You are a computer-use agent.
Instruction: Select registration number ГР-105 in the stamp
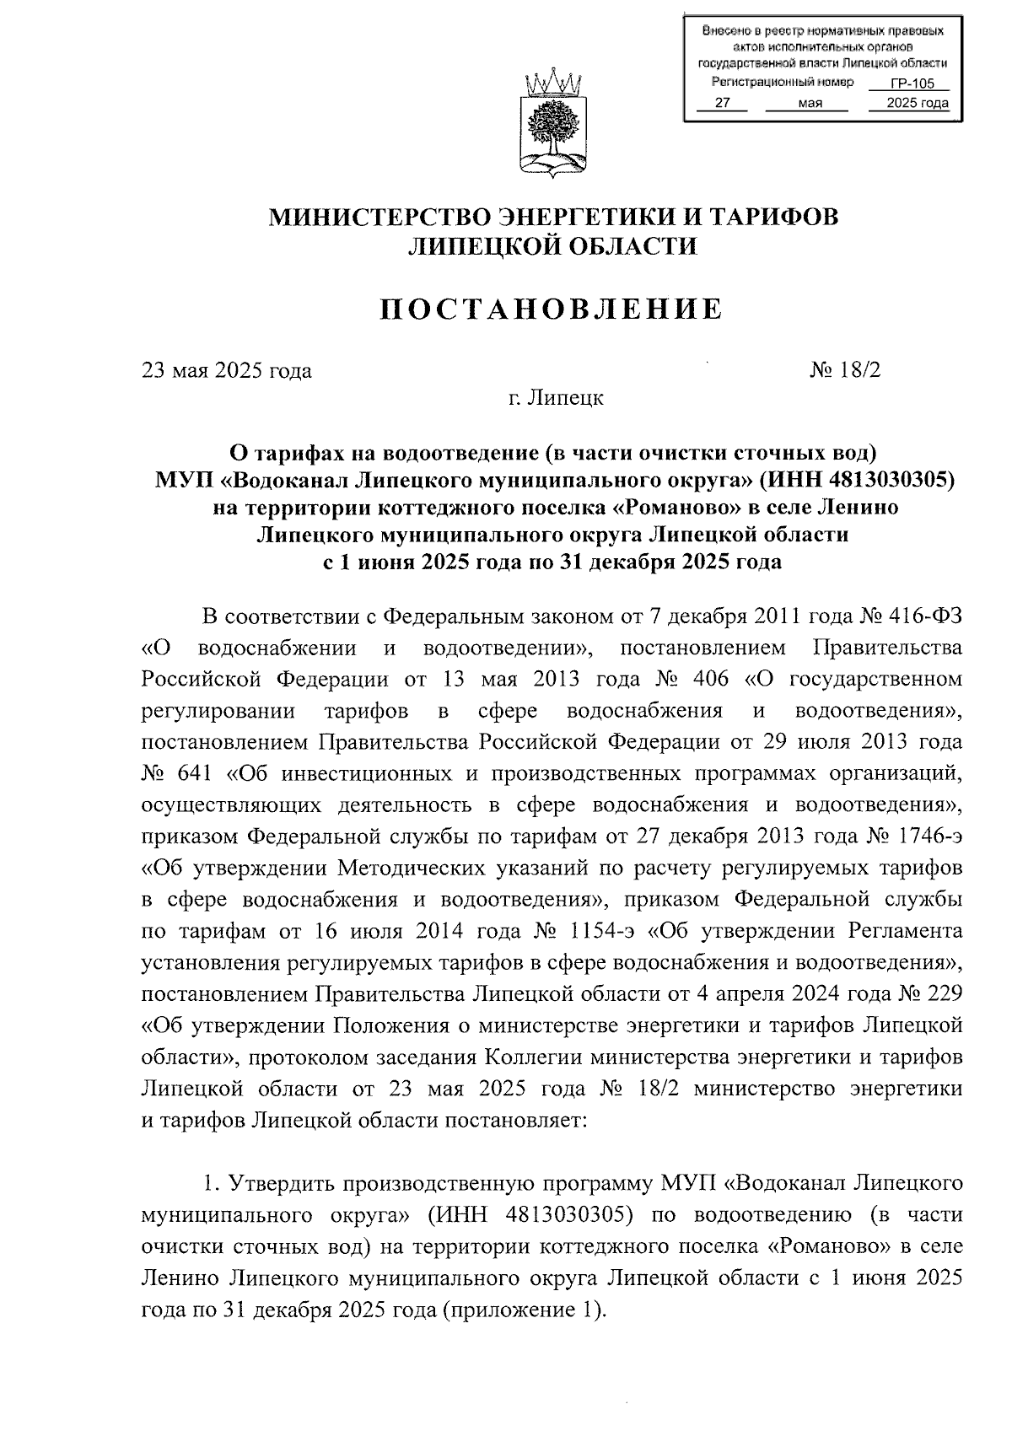click(907, 83)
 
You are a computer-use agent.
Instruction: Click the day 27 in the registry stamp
click(722, 104)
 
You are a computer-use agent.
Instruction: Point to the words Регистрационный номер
click(783, 83)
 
